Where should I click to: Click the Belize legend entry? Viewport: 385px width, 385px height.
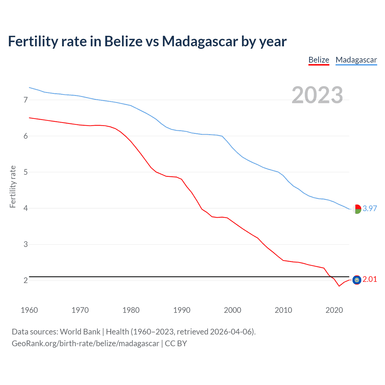pyautogui.click(x=319, y=60)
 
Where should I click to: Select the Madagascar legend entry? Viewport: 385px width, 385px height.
pyautogui.click(x=356, y=60)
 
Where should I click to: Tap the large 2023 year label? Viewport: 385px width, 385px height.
pyautogui.click(x=317, y=95)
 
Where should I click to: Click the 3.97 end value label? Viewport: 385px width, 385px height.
pyautogui.click(x=370, y=208)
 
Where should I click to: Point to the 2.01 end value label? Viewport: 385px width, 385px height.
pyautogui.click(x=370, y=279)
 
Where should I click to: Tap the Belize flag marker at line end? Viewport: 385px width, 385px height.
pyautogui.click(x=357, y=280)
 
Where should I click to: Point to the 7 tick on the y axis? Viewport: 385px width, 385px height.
pyautogui.click(x=26, y=100)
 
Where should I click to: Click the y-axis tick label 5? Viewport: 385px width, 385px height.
pyautogui.click(x=26, y=172)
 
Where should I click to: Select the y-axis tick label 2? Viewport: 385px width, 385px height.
pyautogui.click(x=26, y=280)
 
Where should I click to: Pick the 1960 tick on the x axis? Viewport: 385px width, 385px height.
pyautogui.click(x=29, y=310)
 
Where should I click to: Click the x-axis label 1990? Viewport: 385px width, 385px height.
pyautogui.click(x=182, y=310)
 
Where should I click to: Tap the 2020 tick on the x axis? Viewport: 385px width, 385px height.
pyautogui.click(x=334, y=310)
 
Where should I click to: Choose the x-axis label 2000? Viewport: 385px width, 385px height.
pyautogui.click(x=233, y=310)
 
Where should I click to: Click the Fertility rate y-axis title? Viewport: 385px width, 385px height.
pyautogui.click(x=13, y=186)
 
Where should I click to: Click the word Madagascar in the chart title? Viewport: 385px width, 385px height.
pyautogui.click(x=200, y=41)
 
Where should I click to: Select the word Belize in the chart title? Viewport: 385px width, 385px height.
pyautogui.click(x=123, y=41)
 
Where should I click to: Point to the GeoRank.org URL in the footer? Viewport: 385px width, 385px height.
pyautogui.click(x=85, y=343)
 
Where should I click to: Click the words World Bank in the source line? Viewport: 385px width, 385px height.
pyautogui.click(x=80, y=332)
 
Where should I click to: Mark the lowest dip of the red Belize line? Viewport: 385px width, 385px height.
pyautogui.click(x=339, y=286)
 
